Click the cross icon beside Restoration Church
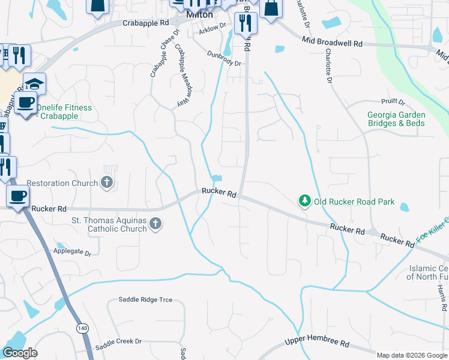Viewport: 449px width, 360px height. click(x=107, y=183)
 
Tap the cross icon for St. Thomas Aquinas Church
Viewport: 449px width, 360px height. click(x=155, y=224)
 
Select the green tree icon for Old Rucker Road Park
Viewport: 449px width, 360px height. click(x=305, y=202)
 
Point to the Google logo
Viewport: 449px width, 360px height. click(x=20, y=353)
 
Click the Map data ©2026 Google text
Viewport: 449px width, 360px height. click(x=412, y=355)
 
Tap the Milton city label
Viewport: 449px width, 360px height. click(x=200, y=15)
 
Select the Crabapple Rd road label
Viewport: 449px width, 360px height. click(x=145, y=23)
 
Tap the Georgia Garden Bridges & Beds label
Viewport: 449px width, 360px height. click(x=396, y=119)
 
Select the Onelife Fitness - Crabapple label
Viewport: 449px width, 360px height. click(x=64, y=112)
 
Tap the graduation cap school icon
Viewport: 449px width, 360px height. click(x=34, y=83)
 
